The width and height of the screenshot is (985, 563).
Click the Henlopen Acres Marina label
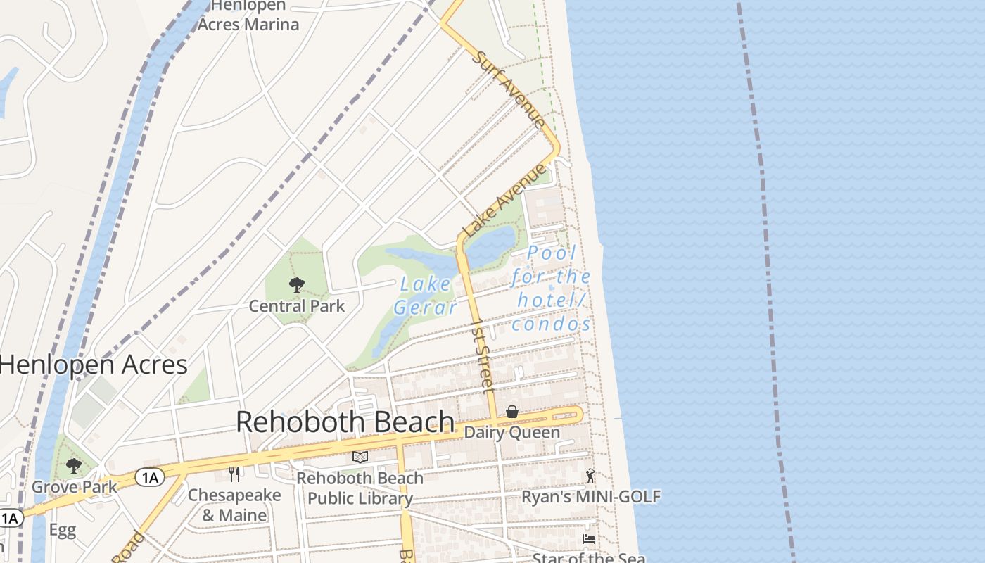(x=248, y=15)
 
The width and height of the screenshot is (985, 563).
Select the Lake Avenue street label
(x=504, y=201)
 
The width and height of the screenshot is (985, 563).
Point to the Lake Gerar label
(x=425, y=296)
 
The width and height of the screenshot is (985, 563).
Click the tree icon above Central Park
(x=297, y=285)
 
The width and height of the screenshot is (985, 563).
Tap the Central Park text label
(x=297, y=306)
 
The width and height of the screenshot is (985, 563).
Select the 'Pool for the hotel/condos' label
(x=552, y=288)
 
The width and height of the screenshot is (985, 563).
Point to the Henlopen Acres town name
(x=93, y=365)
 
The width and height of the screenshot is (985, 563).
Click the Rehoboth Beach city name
(x=345, y=422)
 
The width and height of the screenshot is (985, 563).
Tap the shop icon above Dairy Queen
(x=512, y=412)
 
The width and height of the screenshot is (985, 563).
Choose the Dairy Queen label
(x=512, y=432)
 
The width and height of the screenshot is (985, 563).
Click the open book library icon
(x=360, y=457)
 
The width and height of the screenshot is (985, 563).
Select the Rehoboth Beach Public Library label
(x=360, y=488)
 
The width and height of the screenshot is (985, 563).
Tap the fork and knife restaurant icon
(x=234, y=474)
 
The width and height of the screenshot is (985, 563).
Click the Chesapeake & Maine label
(x=234, y=505)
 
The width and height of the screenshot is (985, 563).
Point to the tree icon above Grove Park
(x=73, y=466)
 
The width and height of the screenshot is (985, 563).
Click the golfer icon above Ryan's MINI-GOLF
(x=590, y=476)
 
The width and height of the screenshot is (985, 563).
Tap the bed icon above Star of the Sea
(x=589, y=539)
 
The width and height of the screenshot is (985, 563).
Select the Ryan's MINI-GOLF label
(x=590, y=497)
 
